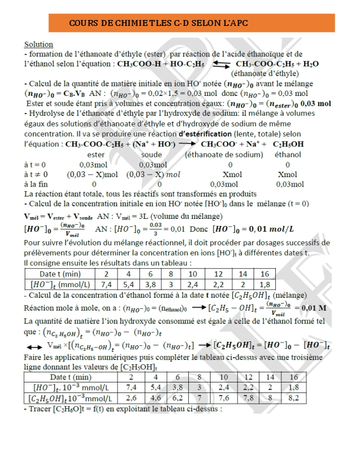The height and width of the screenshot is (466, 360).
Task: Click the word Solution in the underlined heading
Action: click(x=38, y=45)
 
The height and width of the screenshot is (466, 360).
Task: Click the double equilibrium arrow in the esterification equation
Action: click(x=221, y=64)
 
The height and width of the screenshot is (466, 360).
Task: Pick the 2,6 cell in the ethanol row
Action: click(x=132, y=398)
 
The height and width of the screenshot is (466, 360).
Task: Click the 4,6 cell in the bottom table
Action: click(x=155, y=398)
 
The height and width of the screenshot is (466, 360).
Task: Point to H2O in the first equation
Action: click(x=310, y=64)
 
